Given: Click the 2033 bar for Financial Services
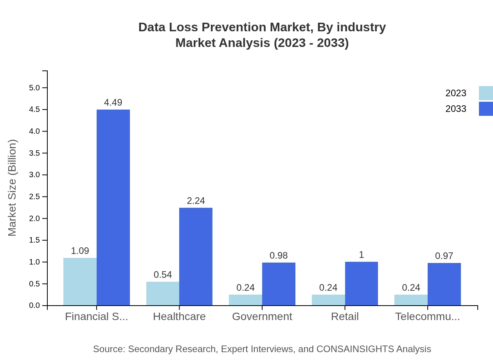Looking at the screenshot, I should [x=113, y=207].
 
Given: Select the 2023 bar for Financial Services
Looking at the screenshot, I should [x=80, y=281].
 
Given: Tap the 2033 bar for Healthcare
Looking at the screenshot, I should [x=196, y=256].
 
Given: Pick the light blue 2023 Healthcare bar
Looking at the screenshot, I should [x=163, y=293].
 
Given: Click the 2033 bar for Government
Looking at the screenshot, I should [x=279, y=284].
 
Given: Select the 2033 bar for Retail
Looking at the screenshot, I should [x=361, y=283].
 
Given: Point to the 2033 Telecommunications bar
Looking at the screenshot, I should [x=444, y=284].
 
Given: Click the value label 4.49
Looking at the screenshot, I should [x=113, y=103].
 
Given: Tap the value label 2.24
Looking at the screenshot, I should [x=196, y=201].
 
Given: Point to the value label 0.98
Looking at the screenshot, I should [x=279, y=256].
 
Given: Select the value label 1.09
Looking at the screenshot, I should [x=80, y=251].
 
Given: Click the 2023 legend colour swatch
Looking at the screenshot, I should [x=486, y=93].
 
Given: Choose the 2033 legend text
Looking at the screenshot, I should [x=456, y=109].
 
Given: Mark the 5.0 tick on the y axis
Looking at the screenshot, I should [x=34, y=88].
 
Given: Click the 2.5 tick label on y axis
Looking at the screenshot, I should [x=34, y=196].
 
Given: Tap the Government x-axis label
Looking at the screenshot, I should [x=262, y=317].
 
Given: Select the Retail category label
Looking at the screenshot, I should [x=345, y=317].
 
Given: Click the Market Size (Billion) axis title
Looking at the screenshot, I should [x=13, y=188].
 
